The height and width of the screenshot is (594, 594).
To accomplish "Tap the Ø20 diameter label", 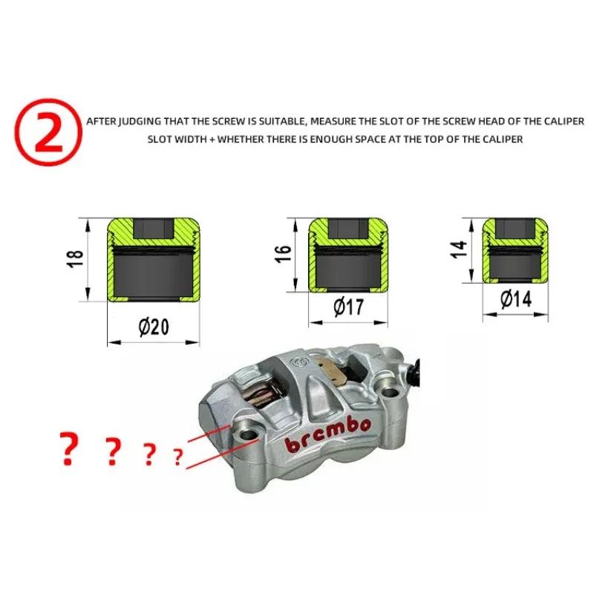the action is tap(154, 327).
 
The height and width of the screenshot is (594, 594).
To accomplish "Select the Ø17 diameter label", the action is tap(348, 307).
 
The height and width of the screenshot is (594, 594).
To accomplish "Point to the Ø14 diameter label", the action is tap(516, 299).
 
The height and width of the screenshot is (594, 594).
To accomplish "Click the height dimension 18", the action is tap(75, 259).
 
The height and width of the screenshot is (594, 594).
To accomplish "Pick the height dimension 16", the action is tap(284, 253).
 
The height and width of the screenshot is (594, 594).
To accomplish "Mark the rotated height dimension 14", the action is tap(459, 249).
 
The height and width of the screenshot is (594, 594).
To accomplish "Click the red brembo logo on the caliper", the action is tap(327, 435).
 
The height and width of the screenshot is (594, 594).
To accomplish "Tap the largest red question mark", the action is tap(68, 449).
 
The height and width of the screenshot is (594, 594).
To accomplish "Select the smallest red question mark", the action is tap(177, 457).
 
